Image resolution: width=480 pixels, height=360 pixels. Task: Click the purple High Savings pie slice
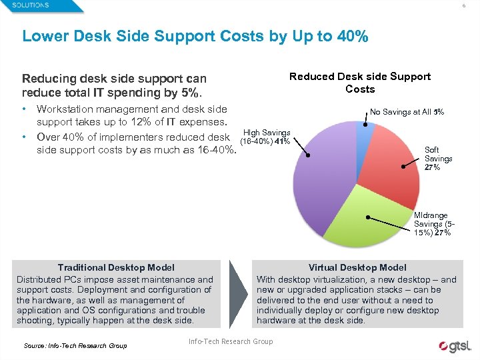[x=320, y=187]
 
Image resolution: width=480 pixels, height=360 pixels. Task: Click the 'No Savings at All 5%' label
[x=407, y=112]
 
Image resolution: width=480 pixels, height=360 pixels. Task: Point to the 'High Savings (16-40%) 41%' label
[x=266, y=137]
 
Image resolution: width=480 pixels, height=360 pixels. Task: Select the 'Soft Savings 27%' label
[x=438, y=159]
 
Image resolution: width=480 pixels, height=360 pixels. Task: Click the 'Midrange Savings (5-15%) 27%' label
[x=433, y=224]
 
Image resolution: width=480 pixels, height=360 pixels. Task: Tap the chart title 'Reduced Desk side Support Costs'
[x=360, y=83]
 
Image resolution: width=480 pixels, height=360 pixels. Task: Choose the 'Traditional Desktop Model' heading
[x=115, y=267]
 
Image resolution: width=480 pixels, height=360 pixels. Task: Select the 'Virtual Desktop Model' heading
[x=357, y=267]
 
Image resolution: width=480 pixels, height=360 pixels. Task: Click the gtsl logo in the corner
[x=455, y=346]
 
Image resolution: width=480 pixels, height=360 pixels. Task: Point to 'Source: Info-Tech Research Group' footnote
[x=75, y=345]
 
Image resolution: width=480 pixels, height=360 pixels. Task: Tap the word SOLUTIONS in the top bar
[x=30, y=5]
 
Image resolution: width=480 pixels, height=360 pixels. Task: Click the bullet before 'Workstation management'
[x=25, y=109]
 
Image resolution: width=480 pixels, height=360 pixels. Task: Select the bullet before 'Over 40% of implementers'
[x=25, y=137]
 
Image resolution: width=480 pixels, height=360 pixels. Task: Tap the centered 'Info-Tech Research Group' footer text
[x=231, y=342]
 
